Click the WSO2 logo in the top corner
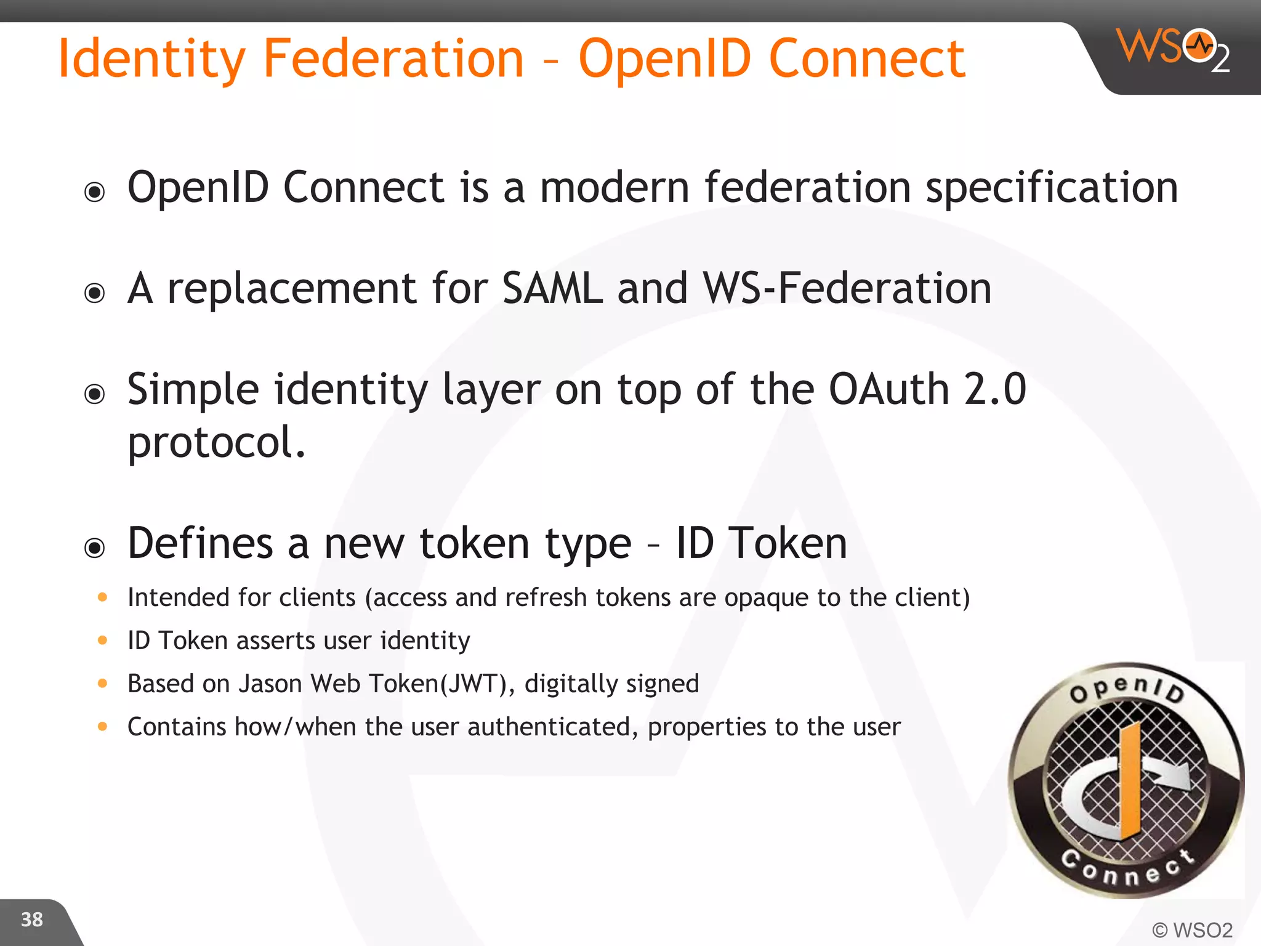(x=1173, y=49)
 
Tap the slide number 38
(x=32, y=920)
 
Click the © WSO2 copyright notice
(x=1192, y=929)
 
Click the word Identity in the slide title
(x=151, y=60)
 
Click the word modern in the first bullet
(x=614, y=187)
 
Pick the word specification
(x=1052, y=188)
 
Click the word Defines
(x=199, y=543)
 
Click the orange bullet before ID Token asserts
(x=103, y=641)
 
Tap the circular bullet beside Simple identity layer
(x=95, y=394)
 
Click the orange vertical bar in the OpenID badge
(x=1130, y=782)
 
